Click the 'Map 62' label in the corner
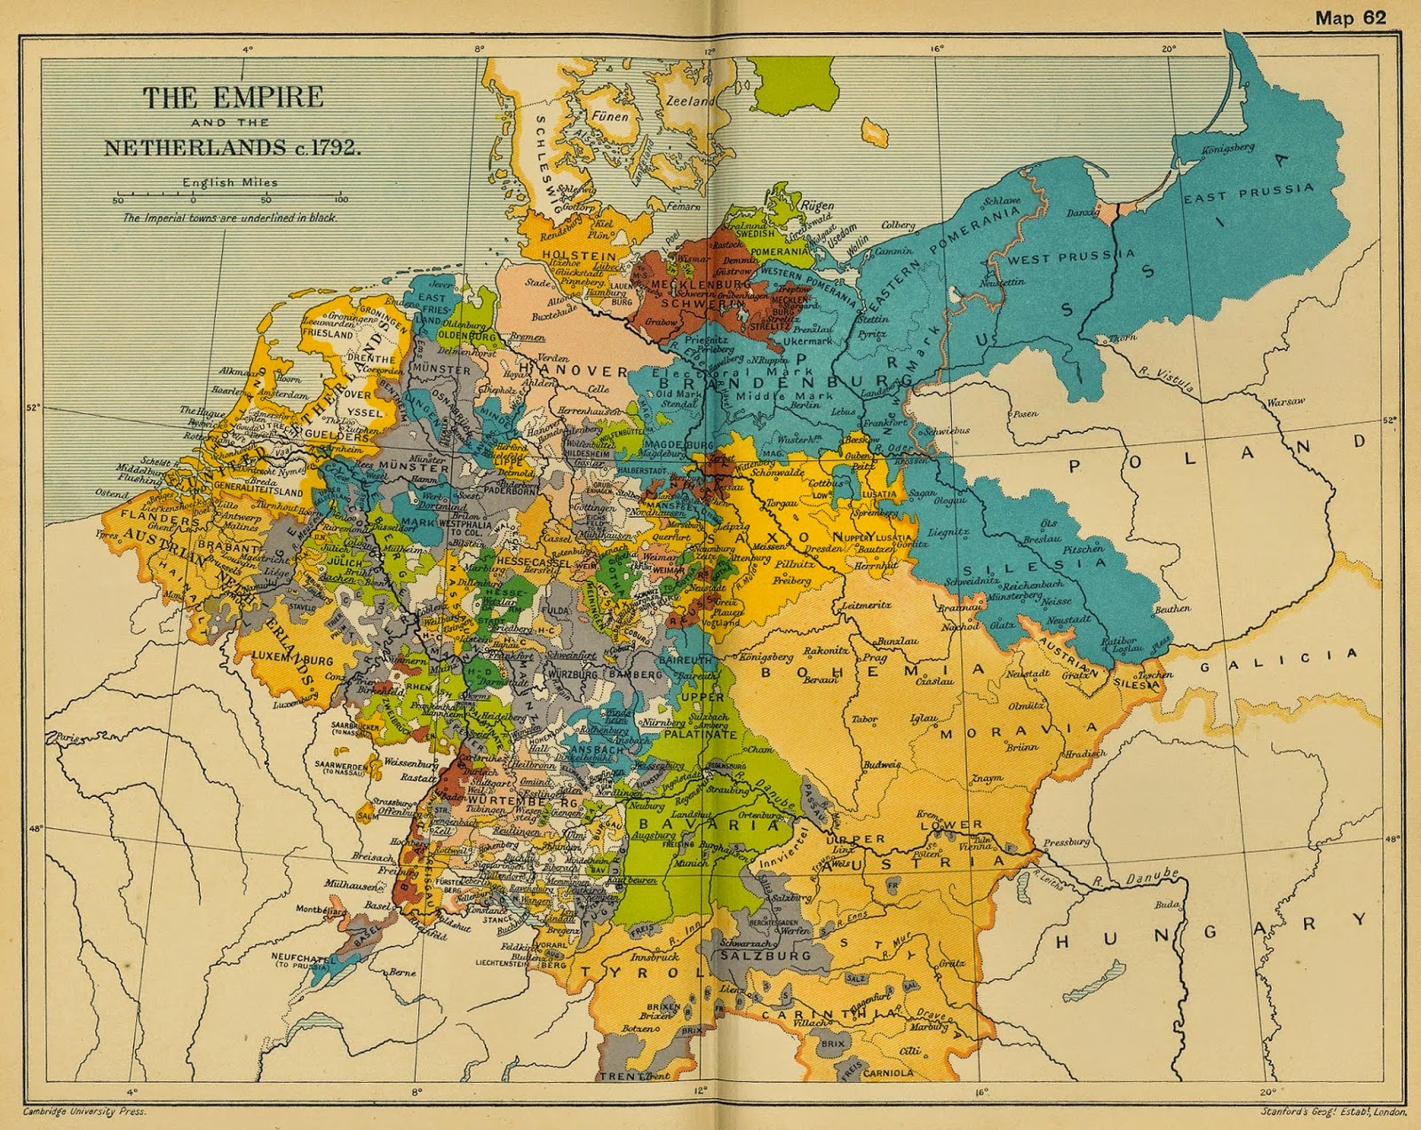(x=1350, y=18)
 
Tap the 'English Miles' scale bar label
(x=230, y=182)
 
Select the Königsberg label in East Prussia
(x=1228, y=148)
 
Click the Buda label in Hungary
(x=1167, y=904)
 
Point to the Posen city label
(x=1025, y=413)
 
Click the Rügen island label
(x=817, y=204)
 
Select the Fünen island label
(x=610, y=115)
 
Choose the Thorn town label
(x=1122, y=338)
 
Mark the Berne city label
(x=402, y=972)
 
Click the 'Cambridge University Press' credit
(x=84, y=1111)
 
